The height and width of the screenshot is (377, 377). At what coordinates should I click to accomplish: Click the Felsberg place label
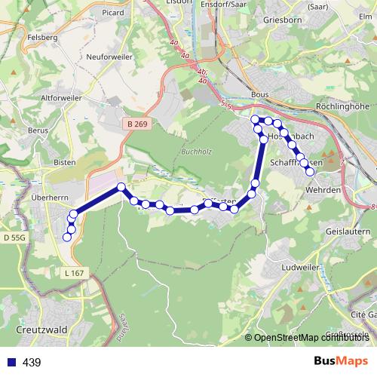pyautogui.click(x=20, y=36)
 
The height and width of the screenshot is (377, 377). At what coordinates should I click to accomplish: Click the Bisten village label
pyautogui.click(x=66, y=161)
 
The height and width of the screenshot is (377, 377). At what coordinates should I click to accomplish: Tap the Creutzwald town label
pyautogui.click(x=38, y=330)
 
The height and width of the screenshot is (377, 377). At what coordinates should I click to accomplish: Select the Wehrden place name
pyautogui.click(x=323, y=191)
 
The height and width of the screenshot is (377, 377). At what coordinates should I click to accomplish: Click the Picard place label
pyautogui.click(x=113, y=13)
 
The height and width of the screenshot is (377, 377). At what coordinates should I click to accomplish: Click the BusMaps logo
pyautogui.click(x=341, y=362)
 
